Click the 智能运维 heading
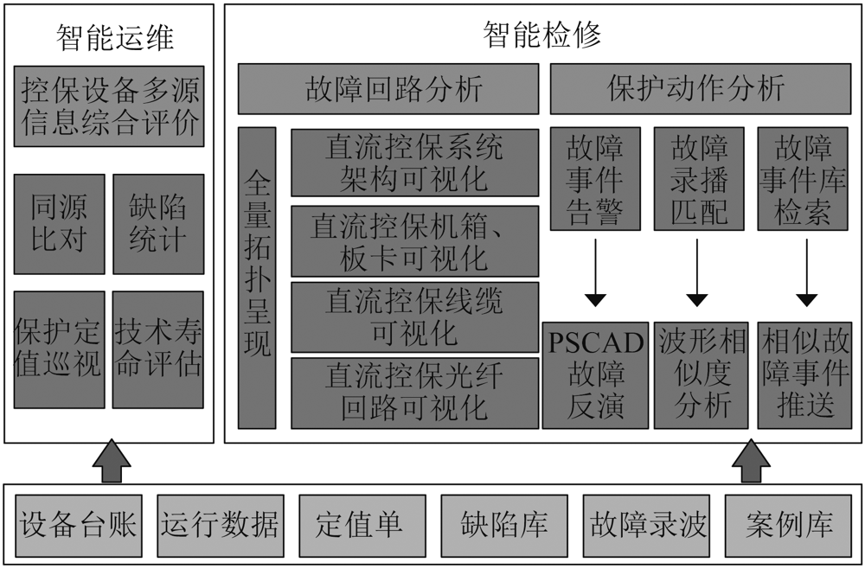[x=115, y=38]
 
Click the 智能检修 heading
[x=541, y=35]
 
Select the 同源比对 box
[x=59, y=224]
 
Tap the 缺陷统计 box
[x=158, y=224]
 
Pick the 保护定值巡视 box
[x=59, y=349]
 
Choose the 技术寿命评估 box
[x=158, y=349]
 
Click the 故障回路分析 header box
[x=388, y=89]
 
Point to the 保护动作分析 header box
[x=701, y=89]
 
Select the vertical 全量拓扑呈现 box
[x=257, y=278]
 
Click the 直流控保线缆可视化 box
[x=415, y=317]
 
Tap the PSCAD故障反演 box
[x=595, y=375]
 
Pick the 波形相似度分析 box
[x=702, y=375]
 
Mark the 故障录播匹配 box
[x=699, y=179]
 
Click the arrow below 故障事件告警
[x=595, y=272]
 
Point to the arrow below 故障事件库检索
[x=806, y=272]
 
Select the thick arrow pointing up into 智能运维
[x=112, y=461]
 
